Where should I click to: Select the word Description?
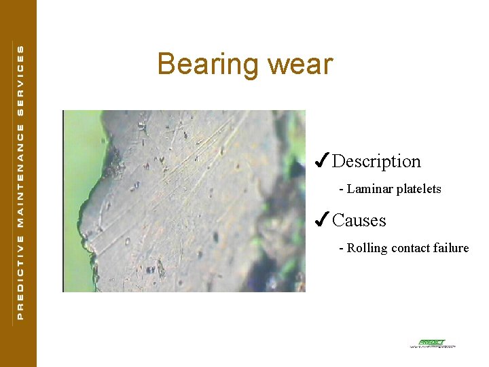[376, 162]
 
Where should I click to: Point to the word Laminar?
[369, 189]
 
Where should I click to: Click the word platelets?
[418, 189]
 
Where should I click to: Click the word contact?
[410, 248]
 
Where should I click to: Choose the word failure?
[450, 248]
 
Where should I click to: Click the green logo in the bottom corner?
[432, 343]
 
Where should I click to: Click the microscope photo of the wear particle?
[183, 201]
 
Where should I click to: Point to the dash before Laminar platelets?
[342, 189]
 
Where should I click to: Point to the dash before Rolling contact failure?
[342, 248]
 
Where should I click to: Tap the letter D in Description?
[338, 161]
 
